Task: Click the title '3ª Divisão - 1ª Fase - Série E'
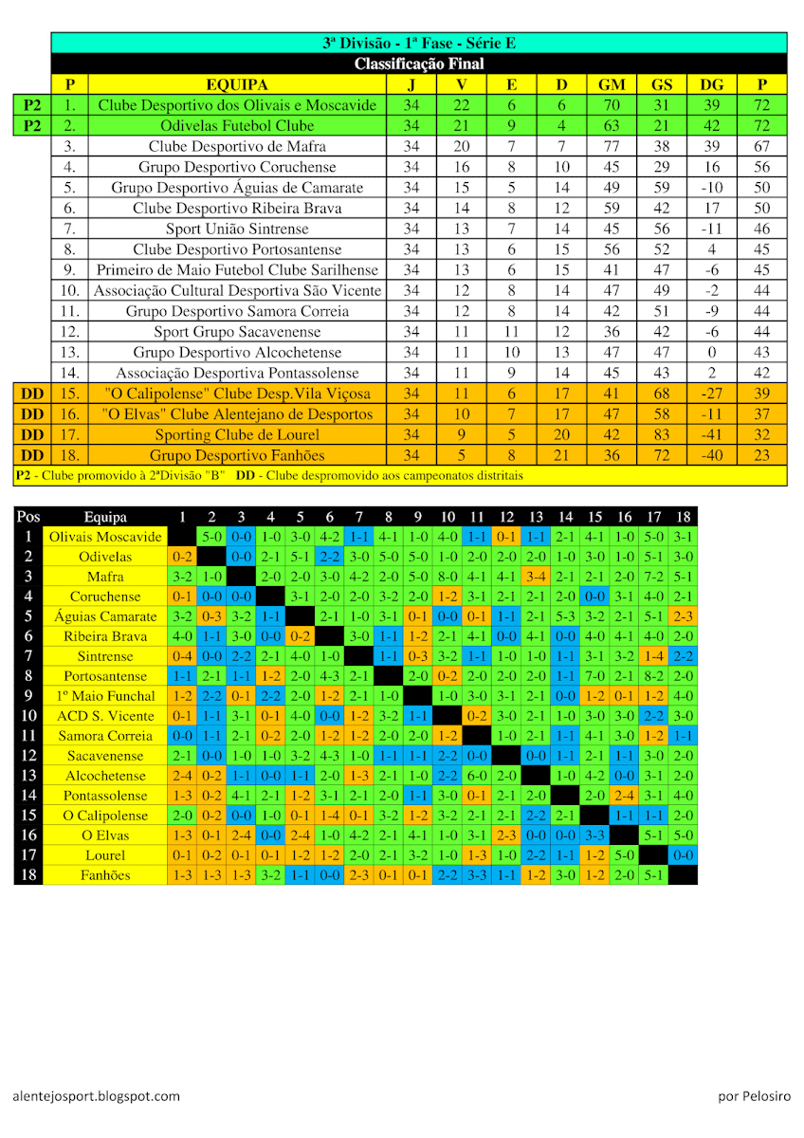418,43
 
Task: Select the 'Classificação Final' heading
418,64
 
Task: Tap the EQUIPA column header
237,84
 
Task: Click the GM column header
612,84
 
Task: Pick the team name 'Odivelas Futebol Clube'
237,125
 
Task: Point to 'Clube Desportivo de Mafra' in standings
237,146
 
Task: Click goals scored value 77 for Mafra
612,146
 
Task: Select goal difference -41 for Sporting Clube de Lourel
711,434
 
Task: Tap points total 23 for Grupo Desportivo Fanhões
761,455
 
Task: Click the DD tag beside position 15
32,394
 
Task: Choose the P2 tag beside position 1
32,104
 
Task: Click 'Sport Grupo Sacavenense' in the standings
237,332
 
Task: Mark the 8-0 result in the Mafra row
448,577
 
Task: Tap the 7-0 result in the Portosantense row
594,676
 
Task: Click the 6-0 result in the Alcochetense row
477,776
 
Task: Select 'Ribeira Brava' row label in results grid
105,636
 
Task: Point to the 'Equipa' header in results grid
105,517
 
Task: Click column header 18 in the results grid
683,517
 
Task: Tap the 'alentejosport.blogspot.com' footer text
97,1096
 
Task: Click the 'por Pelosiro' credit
754,1096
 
